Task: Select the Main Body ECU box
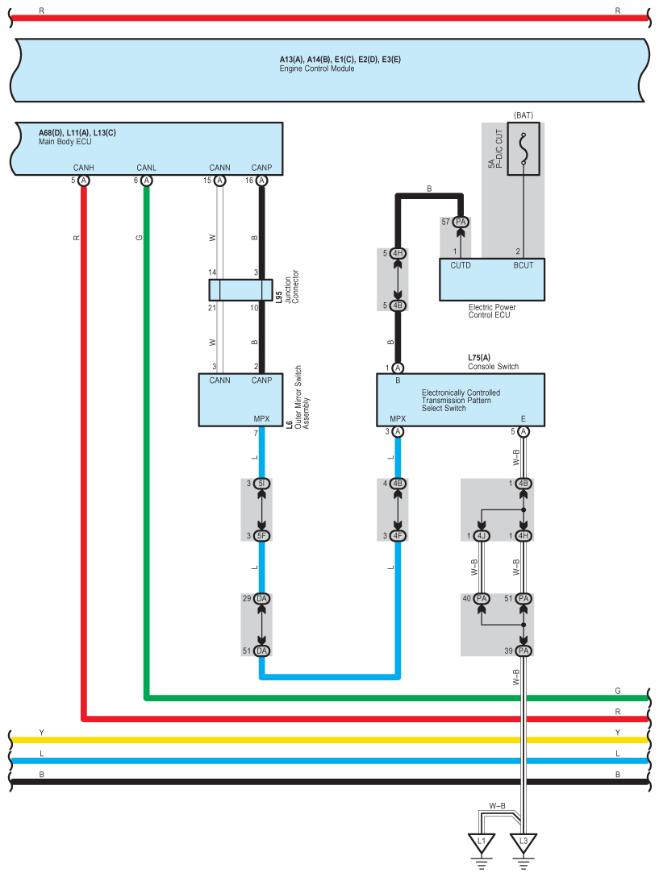(x=150, y=148)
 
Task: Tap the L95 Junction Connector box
(x=240, y=290)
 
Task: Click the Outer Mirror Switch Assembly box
(x=240, y=400)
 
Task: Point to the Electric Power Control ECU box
(x=491, y=279)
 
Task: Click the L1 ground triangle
(x=482, y=844)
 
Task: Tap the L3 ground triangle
(x=523, y=844)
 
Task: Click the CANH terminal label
(x=84, y=168)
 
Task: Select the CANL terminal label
(x=146, y=168)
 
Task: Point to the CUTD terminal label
(x=461, y=264)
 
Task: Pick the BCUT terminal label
(x=523, y=264)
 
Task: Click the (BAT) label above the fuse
(x=523, y=115)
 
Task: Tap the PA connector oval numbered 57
(x=461, y=222)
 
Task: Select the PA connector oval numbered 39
(x=523, y=650)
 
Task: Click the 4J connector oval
(x=482, y=536)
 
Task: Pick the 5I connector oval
(x=261, y=484)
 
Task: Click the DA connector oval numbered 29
(x=261, y=599)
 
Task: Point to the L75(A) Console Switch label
(x=493, y=361)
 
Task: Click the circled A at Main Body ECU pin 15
(x=219, y=181)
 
